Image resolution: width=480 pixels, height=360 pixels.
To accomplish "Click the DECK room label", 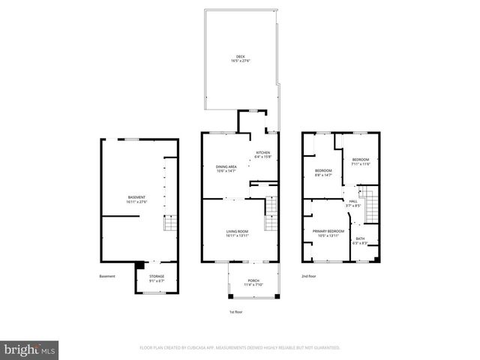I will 240,58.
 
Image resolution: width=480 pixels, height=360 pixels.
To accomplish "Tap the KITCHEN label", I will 262,154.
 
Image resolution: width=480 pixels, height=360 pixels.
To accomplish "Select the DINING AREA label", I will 226,169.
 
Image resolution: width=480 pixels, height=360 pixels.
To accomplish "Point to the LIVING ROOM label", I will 237,234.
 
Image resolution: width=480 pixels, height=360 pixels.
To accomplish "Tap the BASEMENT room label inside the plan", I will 137,199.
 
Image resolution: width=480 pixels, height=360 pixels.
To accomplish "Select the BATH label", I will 361,241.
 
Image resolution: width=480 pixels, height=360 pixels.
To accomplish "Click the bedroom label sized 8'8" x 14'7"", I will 323,172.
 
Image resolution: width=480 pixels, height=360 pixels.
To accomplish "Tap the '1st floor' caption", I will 237,311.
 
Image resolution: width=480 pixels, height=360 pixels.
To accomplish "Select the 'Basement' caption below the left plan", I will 107,277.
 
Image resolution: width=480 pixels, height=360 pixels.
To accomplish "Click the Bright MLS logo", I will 30,349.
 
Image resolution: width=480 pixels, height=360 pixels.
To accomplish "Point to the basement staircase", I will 170,223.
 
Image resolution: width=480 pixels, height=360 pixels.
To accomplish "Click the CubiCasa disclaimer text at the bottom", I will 240,348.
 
